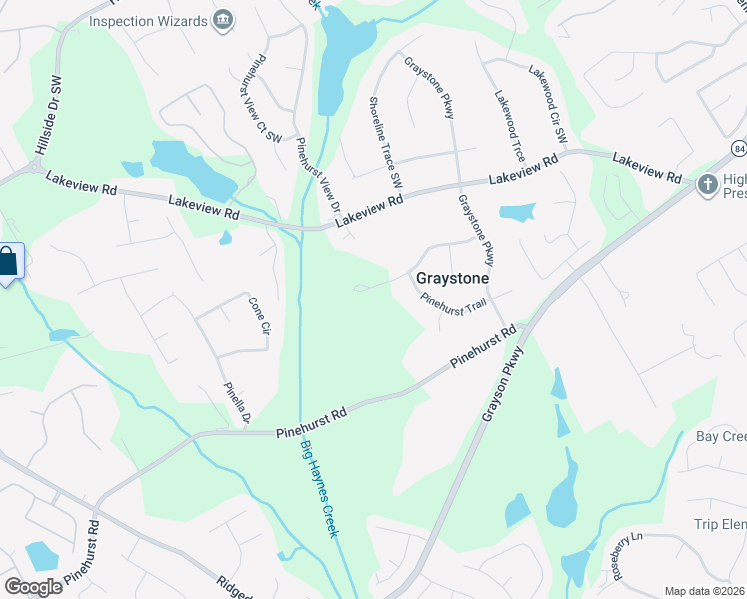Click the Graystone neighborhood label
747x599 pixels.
[x=452, y=279]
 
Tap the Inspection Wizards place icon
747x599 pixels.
[x=224, y=20]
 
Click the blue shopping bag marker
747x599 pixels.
[x=8, y=263]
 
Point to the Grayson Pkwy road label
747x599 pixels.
[x=502, y=382]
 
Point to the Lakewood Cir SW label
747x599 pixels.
[x=547, y=103]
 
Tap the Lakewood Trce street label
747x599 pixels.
[x=509, y=125]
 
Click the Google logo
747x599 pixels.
[x=33, y=586]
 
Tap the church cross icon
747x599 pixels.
[x=708, y=183]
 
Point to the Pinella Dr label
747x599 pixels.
[x=236, y=403]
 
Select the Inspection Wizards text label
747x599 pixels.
[x=147, y=20]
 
